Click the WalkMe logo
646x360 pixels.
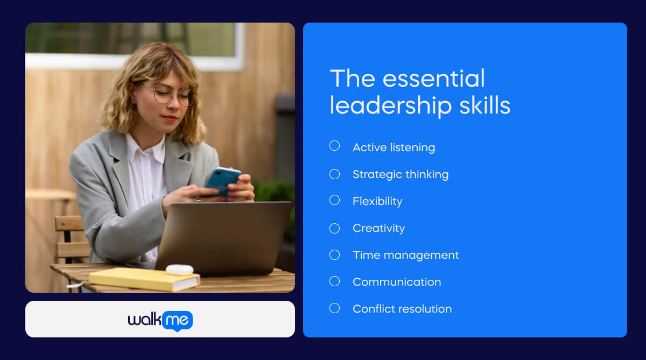point(160,321)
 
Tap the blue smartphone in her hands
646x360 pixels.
point(222,180)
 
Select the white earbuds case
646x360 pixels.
point(179,270)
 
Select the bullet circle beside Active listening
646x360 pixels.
point(334,146)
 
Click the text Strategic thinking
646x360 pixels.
point(400,174)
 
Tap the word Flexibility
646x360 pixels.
point(377,201)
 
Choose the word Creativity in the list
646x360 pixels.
point(378,228)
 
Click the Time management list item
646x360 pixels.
point(405,255)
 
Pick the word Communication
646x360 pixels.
point(396,282)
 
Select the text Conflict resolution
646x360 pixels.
point(402,309)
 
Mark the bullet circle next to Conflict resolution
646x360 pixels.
point(334,308)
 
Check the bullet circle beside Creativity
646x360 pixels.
point(334,228)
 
